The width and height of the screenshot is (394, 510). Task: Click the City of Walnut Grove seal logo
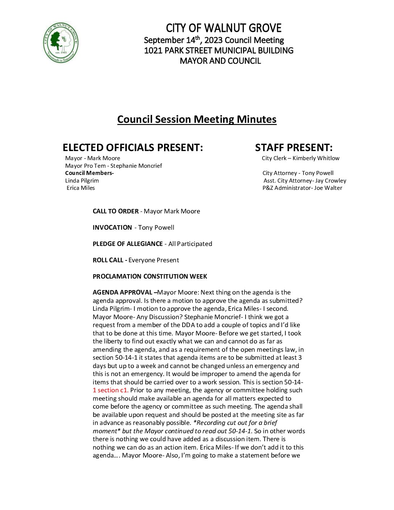point(60,42)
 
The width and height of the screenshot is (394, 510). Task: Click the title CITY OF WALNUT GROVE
point(223,28)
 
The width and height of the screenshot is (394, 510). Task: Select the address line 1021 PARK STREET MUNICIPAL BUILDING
point(219,51)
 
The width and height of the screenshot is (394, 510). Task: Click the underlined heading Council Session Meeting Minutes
point(197,120)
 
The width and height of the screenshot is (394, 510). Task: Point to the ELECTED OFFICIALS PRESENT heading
point(133,148)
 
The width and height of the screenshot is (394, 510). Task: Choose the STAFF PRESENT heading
point(294,148)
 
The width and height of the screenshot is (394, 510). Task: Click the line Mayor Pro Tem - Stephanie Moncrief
point(113,166)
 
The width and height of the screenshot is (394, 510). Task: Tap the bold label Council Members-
point(89,173)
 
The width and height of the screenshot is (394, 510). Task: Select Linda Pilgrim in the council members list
point(82,181)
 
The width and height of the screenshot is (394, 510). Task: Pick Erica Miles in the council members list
point(81,188)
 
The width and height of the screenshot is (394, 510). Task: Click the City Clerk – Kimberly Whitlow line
point(301,158)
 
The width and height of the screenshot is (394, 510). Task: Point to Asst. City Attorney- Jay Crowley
point(305,181)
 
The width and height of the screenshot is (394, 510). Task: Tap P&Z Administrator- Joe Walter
point(302,188)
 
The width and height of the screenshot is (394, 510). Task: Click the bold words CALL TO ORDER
point(116,211)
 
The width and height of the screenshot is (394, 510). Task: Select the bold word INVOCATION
point(112,227)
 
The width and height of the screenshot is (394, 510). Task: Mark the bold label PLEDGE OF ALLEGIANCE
point(127,244)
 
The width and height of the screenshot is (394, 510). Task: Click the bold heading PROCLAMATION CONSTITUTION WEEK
point(150,276)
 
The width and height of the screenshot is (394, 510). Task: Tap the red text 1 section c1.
point(110,390)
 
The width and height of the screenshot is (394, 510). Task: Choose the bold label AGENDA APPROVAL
point(122,292)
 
